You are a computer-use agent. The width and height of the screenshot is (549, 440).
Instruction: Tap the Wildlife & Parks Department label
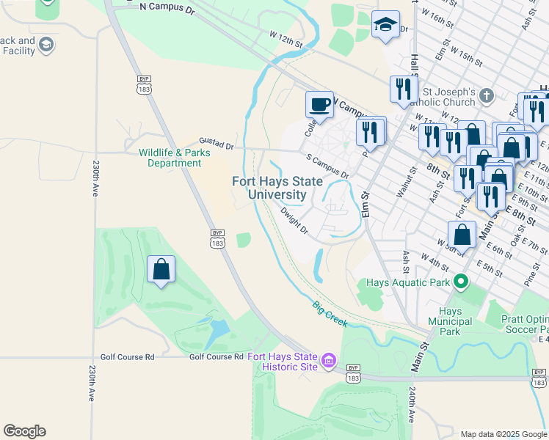(175, 158)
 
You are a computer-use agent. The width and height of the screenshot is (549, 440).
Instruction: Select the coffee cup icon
(319, 104)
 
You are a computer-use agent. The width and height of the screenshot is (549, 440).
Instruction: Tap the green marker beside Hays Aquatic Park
(461, 281)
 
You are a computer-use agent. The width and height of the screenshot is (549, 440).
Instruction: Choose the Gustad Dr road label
(217, 144)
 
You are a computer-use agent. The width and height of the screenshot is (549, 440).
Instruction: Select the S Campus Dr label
(327, 166)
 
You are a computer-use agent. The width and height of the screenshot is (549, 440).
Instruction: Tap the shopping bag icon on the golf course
(161, 269)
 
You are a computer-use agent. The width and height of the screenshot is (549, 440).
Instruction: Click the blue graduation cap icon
(385, 25)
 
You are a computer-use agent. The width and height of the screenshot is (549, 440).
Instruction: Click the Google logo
(24, 431)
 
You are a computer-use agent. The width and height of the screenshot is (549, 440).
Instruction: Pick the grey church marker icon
(487, 95)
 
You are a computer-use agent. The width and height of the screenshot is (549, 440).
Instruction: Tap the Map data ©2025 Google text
(503, 433)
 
